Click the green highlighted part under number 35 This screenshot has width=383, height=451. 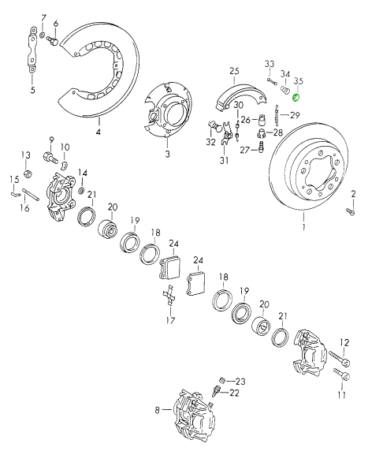click(296, 98)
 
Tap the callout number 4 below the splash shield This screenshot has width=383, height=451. click(99, 132)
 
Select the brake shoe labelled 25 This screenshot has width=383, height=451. click(241, 97)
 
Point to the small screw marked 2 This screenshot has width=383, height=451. click(351, 211)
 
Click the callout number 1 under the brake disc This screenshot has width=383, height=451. click(303, 227)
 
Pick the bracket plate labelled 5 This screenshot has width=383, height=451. click(32, 50)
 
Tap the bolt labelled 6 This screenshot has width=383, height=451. click(52, 41)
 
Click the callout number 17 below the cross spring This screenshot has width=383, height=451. click(170, 320)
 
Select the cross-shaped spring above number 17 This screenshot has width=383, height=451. click(170, 295)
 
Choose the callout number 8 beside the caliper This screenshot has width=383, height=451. click(157, 410)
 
